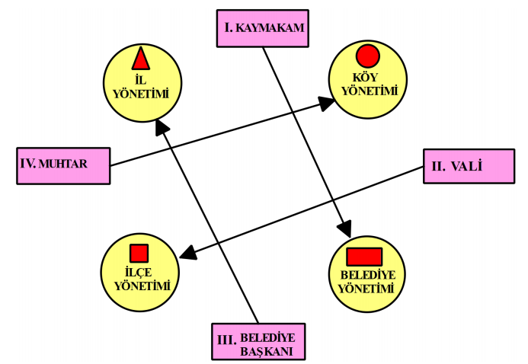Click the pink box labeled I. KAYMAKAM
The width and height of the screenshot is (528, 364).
[264, 30]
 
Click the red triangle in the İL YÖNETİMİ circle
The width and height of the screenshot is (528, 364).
[140, 59]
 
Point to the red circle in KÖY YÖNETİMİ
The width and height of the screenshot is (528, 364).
[368, 56]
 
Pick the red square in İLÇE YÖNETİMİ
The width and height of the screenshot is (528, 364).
[139, 254]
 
